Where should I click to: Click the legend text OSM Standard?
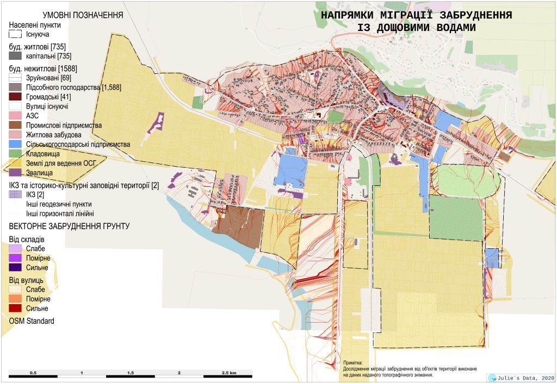tap(32, 321)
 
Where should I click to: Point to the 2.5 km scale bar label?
tap(229, 374)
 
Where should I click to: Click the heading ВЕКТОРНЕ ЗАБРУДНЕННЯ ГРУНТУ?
tap(69, 226)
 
